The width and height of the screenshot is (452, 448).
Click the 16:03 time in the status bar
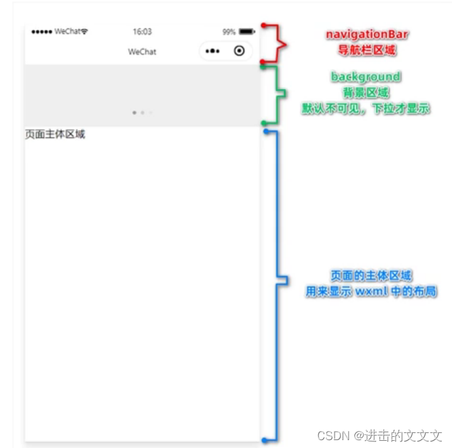(x=142, y=31)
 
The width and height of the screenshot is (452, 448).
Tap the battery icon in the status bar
(x=246, y=31)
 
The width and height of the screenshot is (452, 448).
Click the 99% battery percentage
(x=229, y=31)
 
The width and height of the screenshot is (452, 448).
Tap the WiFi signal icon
(x=85, y=31)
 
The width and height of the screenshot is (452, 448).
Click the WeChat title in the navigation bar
(x=142, y=52)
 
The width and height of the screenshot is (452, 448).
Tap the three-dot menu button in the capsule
(x=213, y=51)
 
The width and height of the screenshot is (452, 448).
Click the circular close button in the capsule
(x=239, y=51)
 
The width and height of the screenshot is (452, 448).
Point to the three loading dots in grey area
(x=142, y=113)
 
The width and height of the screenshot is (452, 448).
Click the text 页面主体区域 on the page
(x=55, y=134)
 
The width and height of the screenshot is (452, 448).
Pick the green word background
(x=366, y=77)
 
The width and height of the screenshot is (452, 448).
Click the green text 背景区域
(x=366, y=93)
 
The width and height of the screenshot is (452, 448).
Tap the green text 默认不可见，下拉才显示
(x=366, y=109)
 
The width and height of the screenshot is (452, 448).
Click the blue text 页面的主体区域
(x=371, y=276)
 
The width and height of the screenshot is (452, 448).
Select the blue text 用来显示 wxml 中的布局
(x=371, y=291)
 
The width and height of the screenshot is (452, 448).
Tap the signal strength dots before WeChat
(x=41, y=31)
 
